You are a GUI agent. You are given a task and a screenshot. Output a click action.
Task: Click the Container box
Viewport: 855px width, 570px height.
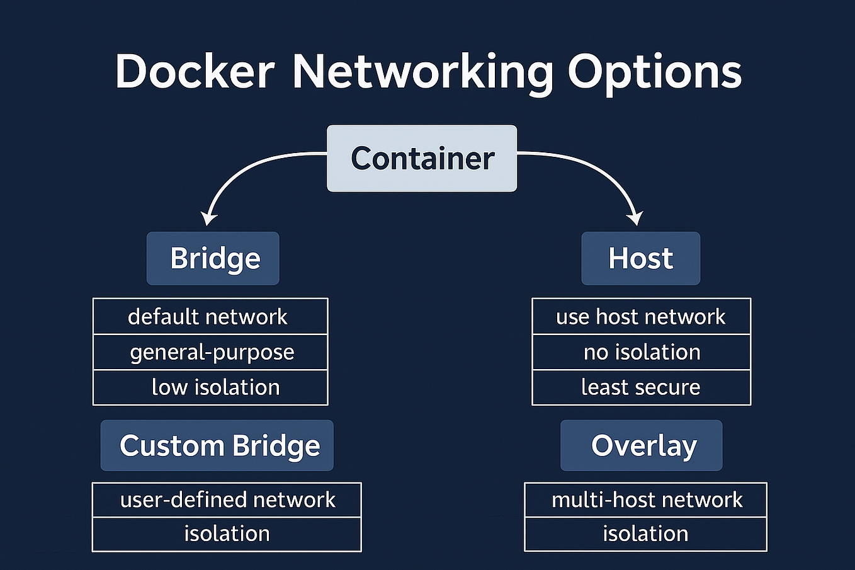(x=422, y=158)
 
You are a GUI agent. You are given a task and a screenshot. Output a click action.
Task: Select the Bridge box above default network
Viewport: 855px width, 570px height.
(x=213, y=258)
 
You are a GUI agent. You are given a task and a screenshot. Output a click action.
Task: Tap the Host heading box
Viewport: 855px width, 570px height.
(x=640, y=258)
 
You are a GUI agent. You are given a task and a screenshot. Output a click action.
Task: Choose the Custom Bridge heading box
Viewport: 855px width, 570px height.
(x=217, y=446)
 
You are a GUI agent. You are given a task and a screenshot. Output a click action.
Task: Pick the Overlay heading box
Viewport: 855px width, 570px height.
(x=642, y=446)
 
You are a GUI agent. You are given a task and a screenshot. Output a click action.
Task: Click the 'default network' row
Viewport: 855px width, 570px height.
(x=210, y=316)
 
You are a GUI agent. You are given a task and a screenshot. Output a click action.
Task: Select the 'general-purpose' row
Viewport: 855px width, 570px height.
(x=210, y=352)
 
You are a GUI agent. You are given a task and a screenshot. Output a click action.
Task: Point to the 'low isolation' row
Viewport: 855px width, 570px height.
(x=210, y=387)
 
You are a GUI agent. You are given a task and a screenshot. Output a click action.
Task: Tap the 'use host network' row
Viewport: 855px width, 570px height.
(x=641, y=316)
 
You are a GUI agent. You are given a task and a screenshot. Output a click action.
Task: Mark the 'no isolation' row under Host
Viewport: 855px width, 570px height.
(x=641, y=352)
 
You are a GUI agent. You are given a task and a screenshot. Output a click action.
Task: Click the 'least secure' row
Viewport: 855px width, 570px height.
(x=641, y=387)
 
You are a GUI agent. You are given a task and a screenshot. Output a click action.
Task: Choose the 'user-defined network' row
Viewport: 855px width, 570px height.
(x=227, y=500)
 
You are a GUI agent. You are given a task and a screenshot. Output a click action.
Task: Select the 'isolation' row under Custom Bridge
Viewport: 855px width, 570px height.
(x=227, y=534)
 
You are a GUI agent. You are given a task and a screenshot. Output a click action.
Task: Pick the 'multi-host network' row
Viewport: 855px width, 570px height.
(x=646, y=500)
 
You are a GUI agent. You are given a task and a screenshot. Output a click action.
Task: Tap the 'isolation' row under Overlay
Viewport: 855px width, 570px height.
(x=646, y=534)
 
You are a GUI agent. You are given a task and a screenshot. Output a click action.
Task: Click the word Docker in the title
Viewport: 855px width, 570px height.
(x=195, y=71)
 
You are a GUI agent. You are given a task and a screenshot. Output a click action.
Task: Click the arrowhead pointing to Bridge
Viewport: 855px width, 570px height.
(x=208, y=218)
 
